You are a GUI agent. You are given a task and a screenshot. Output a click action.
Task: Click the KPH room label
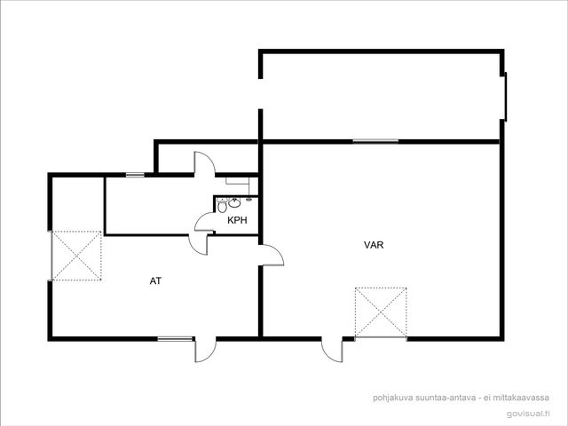tap(237, 220)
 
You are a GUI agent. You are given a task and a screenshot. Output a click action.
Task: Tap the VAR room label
tap(374, 245)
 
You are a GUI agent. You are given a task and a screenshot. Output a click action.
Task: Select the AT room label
tap(155, 280)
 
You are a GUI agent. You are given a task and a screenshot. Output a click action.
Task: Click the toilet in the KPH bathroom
tap(222, 206)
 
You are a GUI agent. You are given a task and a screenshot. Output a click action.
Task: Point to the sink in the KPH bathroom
tap(234, 202)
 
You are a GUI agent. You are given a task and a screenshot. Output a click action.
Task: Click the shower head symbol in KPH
tap(248, 199)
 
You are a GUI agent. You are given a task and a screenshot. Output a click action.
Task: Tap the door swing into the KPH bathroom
tap(205, 222)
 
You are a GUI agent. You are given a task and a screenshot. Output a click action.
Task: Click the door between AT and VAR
tap(272, 255)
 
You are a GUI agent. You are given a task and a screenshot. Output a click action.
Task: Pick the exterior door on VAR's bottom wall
tap(332, 349)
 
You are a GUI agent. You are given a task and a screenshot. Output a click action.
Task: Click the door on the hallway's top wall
tap(205, 163)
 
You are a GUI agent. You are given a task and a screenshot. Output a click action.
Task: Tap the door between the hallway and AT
tap(198, 245)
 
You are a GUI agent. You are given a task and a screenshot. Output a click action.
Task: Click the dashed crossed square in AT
tap(76, 256)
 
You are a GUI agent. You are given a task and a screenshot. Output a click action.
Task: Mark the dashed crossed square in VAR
tap(381, 312)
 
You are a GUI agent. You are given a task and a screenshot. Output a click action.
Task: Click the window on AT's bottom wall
tap(175, 339)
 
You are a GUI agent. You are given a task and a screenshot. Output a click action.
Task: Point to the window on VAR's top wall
tap(375, 141)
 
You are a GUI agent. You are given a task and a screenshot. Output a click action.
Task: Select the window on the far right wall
tap(505, 97)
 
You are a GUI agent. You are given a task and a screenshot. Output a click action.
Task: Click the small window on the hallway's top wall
tap(135, 175)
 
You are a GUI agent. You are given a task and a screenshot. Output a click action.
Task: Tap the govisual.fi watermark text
tap(528, 414)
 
